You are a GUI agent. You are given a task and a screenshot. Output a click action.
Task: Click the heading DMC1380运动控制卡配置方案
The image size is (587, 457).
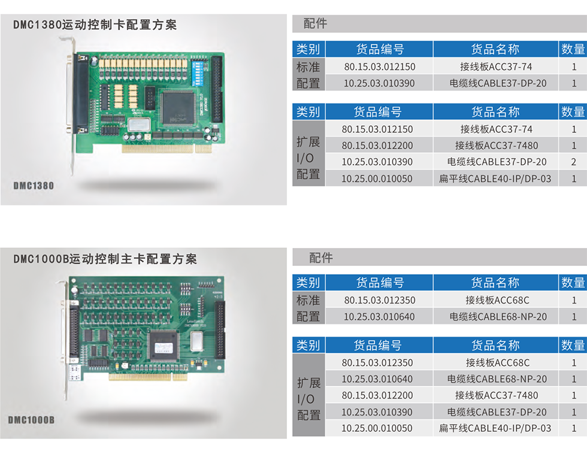95,25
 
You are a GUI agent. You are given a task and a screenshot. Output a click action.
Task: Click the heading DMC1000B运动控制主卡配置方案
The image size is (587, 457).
105,259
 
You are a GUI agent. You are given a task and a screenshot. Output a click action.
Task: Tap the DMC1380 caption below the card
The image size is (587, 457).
34,186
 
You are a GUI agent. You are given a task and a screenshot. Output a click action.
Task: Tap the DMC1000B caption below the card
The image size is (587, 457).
31,420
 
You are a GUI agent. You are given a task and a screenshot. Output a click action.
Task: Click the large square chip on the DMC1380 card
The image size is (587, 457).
178,107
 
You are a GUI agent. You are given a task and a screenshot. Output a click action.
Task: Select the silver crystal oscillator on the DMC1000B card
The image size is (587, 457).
196,341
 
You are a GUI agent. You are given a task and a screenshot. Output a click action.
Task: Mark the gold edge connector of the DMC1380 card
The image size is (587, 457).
167,149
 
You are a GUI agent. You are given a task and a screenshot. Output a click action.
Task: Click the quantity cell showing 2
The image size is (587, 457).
574,162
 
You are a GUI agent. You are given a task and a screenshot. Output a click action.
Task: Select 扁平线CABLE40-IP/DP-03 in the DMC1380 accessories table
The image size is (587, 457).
495,178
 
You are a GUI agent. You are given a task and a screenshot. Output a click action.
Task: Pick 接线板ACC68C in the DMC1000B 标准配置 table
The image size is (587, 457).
497,300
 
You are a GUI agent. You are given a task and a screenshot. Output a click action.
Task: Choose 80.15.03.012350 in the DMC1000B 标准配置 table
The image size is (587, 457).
380,300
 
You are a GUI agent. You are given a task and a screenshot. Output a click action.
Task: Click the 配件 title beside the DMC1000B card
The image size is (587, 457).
321,258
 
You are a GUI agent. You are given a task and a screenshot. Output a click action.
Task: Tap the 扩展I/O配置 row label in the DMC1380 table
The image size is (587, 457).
308,158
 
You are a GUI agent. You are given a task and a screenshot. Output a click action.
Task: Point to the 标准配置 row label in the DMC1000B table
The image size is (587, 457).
308,308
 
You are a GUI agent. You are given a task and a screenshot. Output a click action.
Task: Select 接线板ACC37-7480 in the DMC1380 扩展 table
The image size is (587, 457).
497,145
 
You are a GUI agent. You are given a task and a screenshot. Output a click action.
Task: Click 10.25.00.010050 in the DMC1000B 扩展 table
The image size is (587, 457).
377,428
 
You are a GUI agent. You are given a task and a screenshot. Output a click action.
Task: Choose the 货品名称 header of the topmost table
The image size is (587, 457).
495,49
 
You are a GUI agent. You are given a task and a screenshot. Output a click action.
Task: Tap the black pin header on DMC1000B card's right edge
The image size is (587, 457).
219,330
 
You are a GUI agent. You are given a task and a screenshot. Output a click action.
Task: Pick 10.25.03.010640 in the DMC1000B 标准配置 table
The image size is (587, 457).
379,317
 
